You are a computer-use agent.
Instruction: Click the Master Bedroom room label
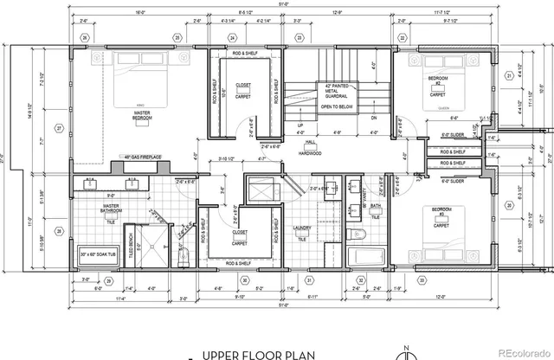tap(139, 113)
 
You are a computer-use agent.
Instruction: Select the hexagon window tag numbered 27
tap(59, 127)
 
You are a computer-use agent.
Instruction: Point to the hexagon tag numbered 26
tap(85, 38)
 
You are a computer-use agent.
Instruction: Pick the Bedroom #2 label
tap(438, 81)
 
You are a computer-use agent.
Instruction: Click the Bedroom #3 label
tap(441, 213)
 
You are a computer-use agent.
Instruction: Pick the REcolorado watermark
tap(518, 352)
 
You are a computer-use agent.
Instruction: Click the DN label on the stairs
tap(373, 118)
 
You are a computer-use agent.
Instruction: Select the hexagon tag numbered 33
tap(422, 280)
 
